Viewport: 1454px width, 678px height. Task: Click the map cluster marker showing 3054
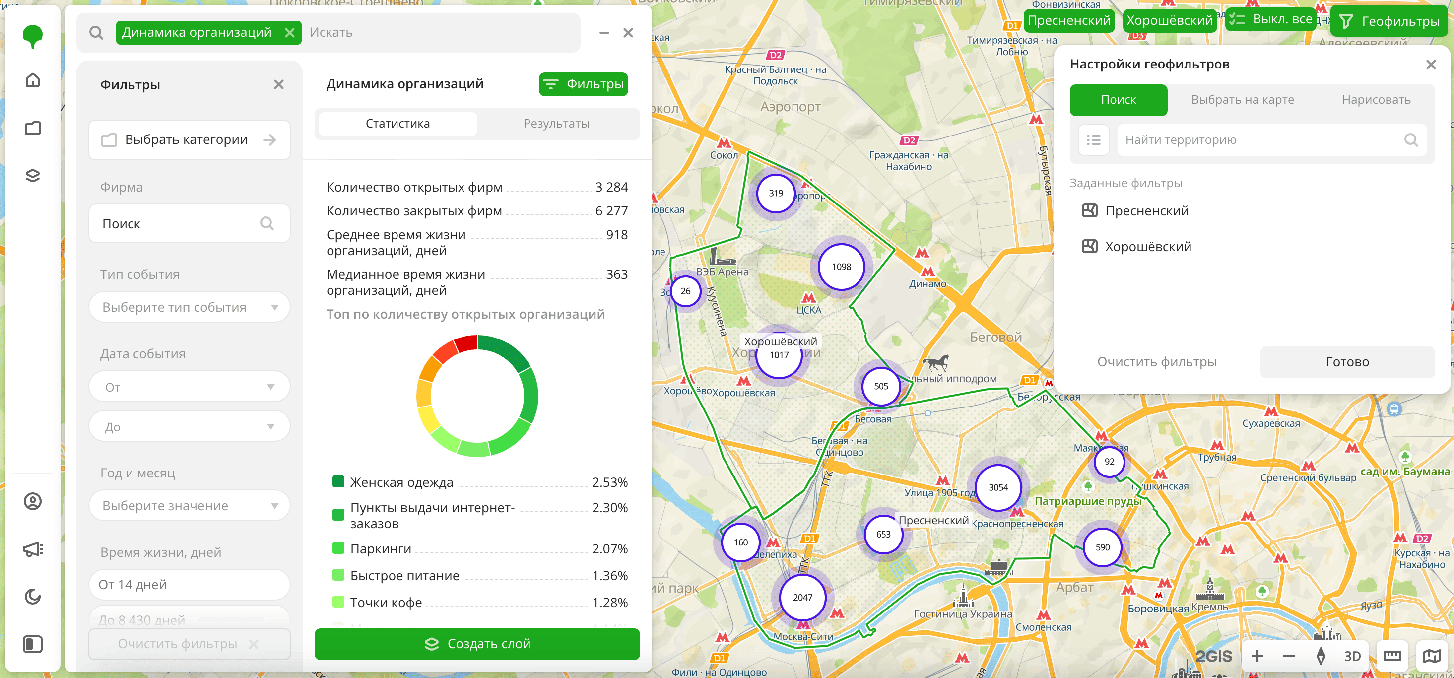click(998, 487)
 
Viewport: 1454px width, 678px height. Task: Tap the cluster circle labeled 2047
click(802, 597)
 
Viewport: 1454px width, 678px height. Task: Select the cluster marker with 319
click(776, 193)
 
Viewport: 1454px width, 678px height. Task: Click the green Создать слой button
click(477, 644)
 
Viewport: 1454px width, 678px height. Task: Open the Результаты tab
click(556, 124)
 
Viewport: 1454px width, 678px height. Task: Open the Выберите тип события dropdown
click(189, 307)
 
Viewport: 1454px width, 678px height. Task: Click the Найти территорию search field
click(1261, 140)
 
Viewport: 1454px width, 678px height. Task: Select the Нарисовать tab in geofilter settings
click(1376, 100)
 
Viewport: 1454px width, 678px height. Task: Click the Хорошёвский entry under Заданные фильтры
click(1147, 247)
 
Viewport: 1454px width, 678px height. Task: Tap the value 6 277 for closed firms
click(611, 211)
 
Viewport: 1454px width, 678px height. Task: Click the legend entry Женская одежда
click(401, 482)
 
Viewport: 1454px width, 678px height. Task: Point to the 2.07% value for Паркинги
click(609, 549)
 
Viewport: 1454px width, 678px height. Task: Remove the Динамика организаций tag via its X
click(289, 33)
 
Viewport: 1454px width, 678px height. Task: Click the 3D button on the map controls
click(1352, 656)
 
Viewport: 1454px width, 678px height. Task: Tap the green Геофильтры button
click(1390, 21)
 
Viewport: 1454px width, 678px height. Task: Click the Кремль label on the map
click(1209, 607)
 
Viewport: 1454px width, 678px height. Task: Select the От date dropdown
click(189, 387)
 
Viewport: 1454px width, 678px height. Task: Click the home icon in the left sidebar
click(33, 80)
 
